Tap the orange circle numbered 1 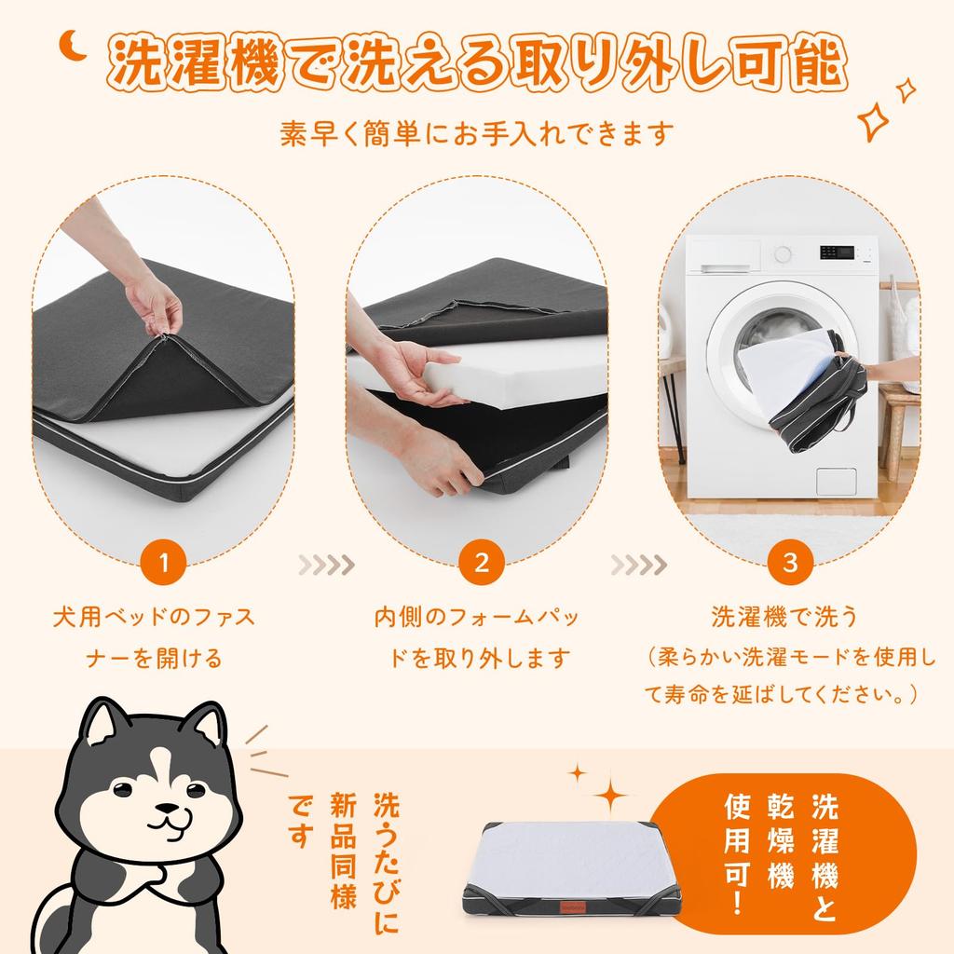(x=163, y=562)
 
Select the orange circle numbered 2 (x=482, y=562)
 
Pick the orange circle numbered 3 (x=790, y=562)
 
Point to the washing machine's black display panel (x=837, y=252)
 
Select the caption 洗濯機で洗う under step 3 (x=784, y=617)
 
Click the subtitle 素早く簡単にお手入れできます (x=477, y=133)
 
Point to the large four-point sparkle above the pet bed (x=610, y=794)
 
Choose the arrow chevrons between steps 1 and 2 (x=326, y=566)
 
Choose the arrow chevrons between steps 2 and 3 (x=639, y=566)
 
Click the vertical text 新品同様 (x=343, y=850)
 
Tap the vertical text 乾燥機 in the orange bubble (x=781, y=841)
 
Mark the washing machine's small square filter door (x=836, y=482)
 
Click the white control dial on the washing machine (x=783, y=253)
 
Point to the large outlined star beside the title (x=872, y=120)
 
